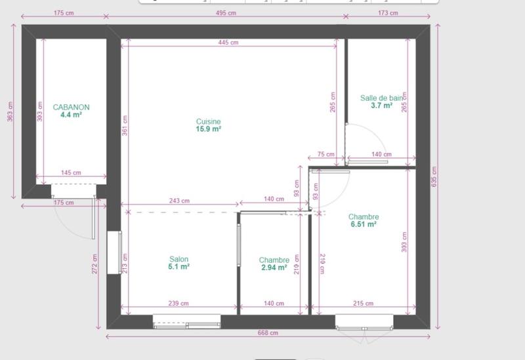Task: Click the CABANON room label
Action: [x=71, y=107]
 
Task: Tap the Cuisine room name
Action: [x=208, y=121]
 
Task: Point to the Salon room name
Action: [x=178, y=259]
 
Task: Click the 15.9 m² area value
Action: [x=208, y=129]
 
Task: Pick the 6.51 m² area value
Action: [x=363, y=224]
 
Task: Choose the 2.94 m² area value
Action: [x=274, y=268]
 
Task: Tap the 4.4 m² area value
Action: [x=71, y=115]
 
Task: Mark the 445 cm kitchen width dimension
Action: [x=230, y=43]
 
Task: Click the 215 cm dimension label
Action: [x=363, y=304]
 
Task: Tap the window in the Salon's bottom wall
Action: [x=186, y=321]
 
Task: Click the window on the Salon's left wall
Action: [x=119, y=252]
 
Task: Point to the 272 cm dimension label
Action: [x=95, y=264]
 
